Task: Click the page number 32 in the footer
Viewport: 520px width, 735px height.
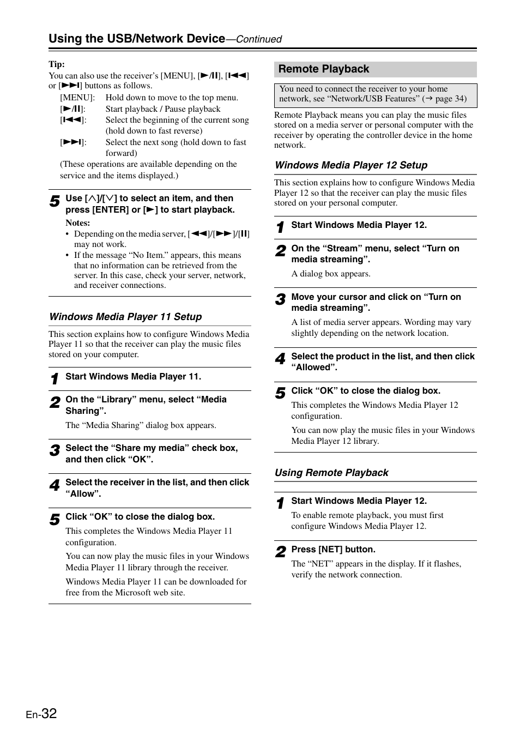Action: [48, 713]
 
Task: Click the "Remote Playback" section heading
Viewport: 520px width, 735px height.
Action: [323, 69]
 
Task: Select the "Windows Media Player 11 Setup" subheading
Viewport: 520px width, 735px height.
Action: [125, 317]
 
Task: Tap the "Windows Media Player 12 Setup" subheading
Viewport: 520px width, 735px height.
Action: [350, 165]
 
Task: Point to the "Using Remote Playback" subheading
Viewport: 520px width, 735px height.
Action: [331, 473]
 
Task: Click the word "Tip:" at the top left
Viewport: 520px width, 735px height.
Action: [57, 64]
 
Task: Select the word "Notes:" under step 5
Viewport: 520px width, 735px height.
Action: [78, 223]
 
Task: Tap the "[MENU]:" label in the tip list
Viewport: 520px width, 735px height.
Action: [77, 98]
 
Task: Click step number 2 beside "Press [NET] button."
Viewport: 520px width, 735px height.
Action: [280, 552]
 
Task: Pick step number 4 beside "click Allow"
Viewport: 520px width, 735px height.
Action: [55, 485]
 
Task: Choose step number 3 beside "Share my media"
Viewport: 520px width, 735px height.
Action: [55, 451]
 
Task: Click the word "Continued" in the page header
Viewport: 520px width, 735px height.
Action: [258, 39]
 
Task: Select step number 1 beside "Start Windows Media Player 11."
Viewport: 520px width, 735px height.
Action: [55, 379]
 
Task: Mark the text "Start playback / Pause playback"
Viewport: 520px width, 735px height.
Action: [162, 109]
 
